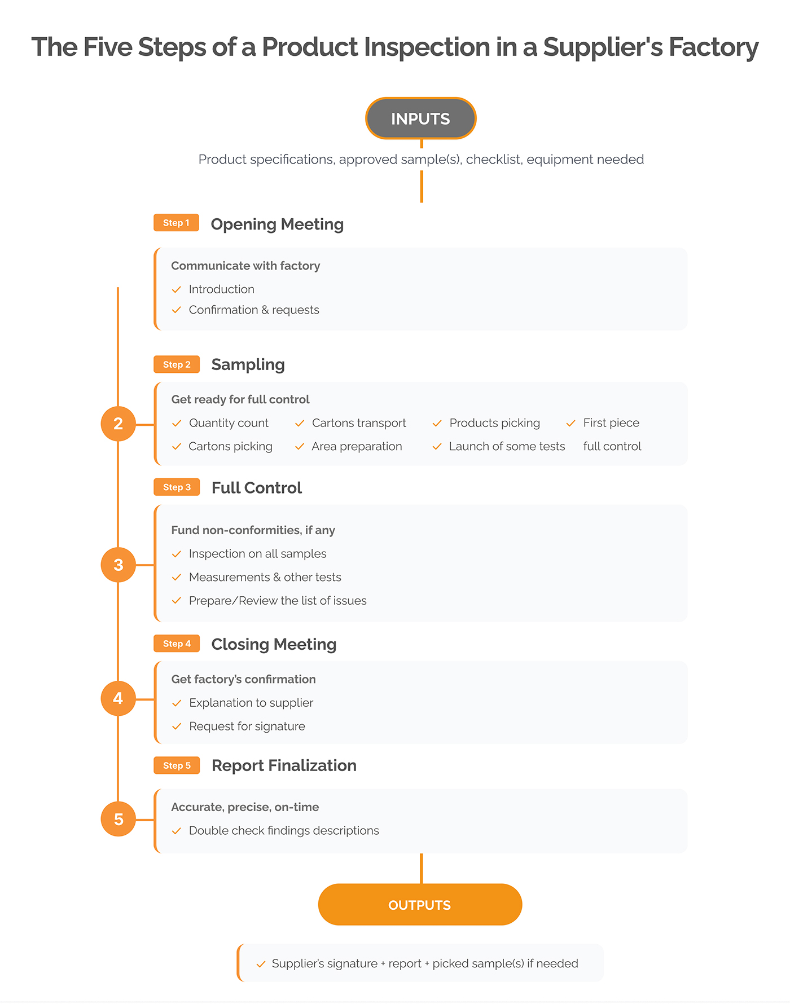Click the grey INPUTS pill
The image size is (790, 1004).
(421, 118)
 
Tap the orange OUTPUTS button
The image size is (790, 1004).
(420, 905)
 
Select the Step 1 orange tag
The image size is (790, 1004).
(177, 223)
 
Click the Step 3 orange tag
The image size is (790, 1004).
(177, 487)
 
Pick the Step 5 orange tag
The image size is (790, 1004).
(177, 765)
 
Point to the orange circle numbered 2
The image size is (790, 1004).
(118, 424)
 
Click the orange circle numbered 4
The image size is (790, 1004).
(118, 698)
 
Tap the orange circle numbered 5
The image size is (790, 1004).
(118, 819)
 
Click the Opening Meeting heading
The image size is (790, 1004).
(277, 224)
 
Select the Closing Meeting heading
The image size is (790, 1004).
(274, 645)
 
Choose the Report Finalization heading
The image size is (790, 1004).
(284, 765)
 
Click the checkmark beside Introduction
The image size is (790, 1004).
(177, 289)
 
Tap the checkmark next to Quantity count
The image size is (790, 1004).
(177, 423)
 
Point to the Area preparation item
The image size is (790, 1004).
(357, 446)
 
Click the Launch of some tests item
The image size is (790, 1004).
(507, 446)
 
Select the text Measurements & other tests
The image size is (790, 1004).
(265, 577)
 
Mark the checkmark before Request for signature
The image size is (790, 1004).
(177, 726)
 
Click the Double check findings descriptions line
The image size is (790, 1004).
(284, 831)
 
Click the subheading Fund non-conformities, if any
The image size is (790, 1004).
(253, 530)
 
